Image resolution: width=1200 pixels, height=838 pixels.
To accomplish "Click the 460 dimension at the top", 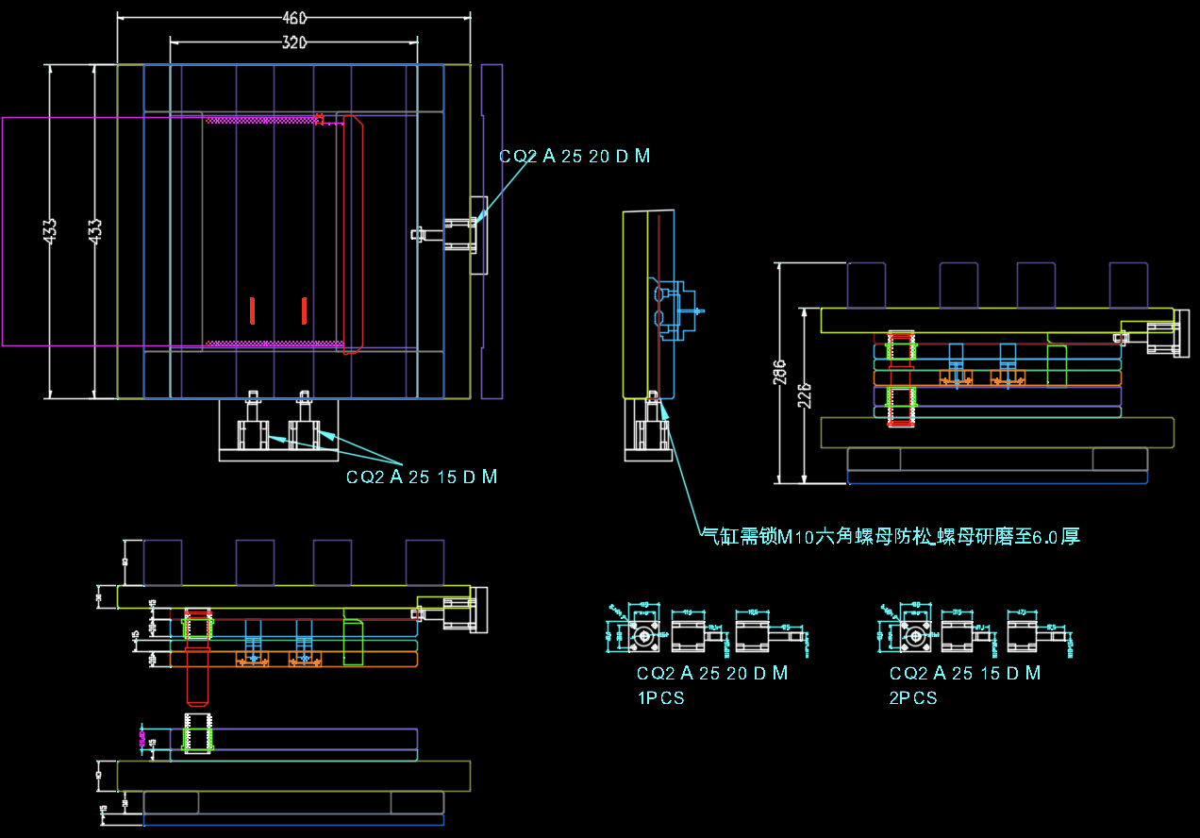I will pyautogui.click(x=294, y=17).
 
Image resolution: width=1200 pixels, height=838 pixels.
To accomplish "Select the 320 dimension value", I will pyautogui.click(x=294, y=42).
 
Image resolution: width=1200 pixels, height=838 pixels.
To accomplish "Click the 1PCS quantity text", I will pyautogui.click(x=660, y=698).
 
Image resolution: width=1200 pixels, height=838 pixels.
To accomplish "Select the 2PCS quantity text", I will pyautogui.click(x=913, y=698).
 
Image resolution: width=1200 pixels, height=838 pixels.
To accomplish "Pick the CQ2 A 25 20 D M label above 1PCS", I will pyautogui.click(x=712, y=674).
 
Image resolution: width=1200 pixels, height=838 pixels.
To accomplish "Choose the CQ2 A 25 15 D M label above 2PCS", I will pyautogui.click(x=965, y=674).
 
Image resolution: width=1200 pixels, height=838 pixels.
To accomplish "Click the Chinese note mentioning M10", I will pyautogui.click(x=890, y=537).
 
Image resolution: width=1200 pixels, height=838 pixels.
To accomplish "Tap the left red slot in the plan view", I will pyautogui.click(x=253, y=310).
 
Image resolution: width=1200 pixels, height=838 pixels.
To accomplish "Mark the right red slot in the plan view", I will pyautogui.click(x=304, y=310).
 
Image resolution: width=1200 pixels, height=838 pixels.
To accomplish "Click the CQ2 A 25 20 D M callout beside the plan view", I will pyautogui.click(x=575, y=157).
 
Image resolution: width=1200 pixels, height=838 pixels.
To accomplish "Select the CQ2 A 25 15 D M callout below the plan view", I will pyautogui.click(x=422, y=478).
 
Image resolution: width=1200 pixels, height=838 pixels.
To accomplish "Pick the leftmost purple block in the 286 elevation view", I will pyautogui.click(x=866, y=284).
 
